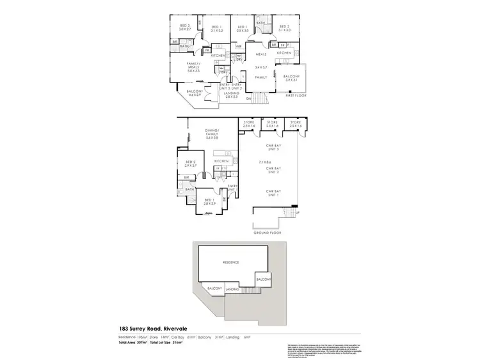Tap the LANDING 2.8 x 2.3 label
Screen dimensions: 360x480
click(232, 95)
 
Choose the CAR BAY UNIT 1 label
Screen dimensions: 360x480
click(275, 193)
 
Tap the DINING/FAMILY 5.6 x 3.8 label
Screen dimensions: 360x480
click(202, 133)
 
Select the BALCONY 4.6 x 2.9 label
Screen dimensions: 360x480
click(195, 93)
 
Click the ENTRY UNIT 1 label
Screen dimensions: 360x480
click(232, 187)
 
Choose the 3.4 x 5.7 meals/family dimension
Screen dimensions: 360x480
click(260, 67)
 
